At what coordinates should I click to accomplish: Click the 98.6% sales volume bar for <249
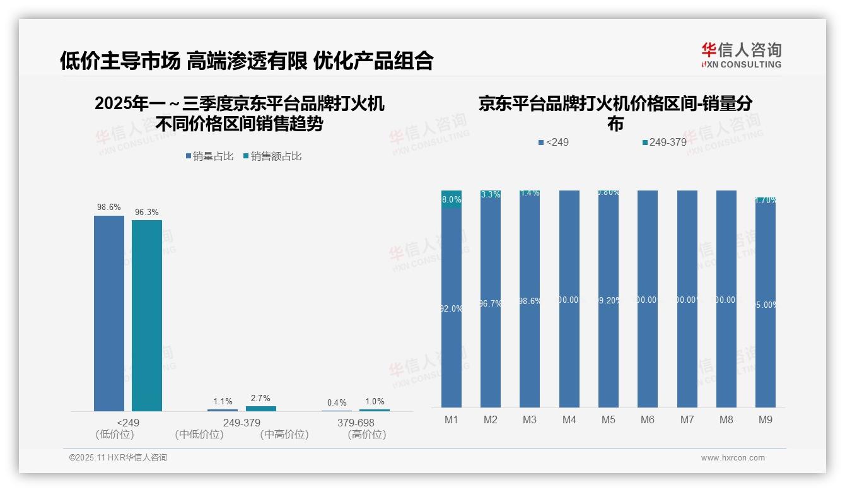tap(109, 313)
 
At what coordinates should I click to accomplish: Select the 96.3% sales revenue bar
tap(147, 315)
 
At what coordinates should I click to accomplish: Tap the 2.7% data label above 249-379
tap(260, 398)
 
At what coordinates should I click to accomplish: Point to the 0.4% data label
tap(337, 402)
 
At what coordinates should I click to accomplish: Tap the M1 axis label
tap(452, 419)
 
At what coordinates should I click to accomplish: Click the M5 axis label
tap(609, 419)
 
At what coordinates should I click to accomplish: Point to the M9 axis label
tap(765, 419)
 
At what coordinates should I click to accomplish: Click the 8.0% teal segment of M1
tap(452, 199)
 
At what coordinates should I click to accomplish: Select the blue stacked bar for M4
tap(569, 299)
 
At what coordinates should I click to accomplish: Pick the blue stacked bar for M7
tap(687, 299)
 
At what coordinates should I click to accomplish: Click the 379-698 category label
tap(356, 422)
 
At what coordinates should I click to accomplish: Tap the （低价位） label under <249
tap(115, 434)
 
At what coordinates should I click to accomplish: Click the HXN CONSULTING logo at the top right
tap(741, 55)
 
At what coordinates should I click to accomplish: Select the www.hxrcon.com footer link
tap(733, 458)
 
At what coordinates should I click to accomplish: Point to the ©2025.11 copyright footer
tap(118, 458)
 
